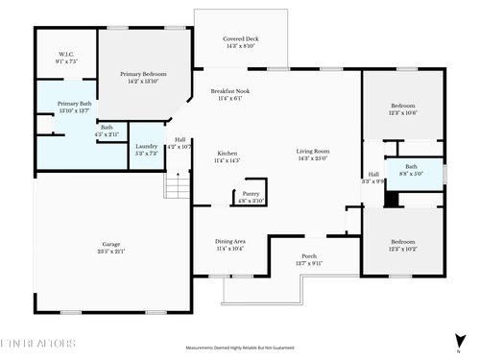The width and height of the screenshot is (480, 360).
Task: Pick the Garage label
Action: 111,246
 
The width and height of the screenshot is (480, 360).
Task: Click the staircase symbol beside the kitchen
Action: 176,183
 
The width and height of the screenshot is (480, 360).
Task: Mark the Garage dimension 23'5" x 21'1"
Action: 111,252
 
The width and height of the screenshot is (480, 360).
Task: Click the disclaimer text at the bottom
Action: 239,348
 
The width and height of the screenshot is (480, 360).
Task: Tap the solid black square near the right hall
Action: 391,200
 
